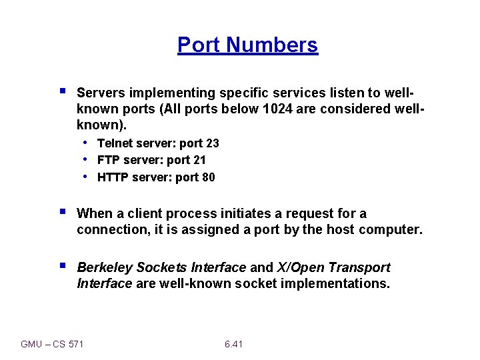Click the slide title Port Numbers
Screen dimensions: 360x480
tap(247, 45)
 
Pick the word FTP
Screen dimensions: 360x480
tap(108, 160)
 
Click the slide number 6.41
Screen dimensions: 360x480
tap(233, 344)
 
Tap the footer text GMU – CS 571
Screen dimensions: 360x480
tap(53, 344)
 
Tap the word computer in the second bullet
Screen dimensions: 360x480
tap(390, 230)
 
